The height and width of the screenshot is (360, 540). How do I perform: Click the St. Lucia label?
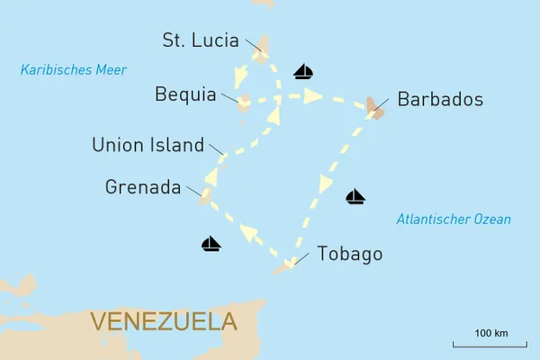click(200, 40)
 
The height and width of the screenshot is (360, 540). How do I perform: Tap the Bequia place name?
click(185, 94)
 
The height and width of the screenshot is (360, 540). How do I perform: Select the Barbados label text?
click(440, 99)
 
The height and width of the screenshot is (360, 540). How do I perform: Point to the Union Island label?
click(148, 144)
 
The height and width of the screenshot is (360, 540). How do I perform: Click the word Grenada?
click(142, 187)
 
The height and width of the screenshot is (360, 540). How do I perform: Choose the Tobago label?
click(350, 255)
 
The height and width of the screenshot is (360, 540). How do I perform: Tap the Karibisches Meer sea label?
click(74, 69)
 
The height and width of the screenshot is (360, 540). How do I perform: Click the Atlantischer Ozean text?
click(454, 219)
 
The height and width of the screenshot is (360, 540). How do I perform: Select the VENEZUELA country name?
click(164, 321)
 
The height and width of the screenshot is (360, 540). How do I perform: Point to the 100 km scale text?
click(490, 334)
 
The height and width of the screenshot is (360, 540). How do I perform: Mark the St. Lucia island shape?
click(262, 49)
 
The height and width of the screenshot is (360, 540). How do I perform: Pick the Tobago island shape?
click(287, 265)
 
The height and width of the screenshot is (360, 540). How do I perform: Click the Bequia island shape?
click(244, 103)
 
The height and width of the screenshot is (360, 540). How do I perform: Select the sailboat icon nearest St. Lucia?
click(303, 71)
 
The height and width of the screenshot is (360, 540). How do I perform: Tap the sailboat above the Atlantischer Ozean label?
click(355, 196)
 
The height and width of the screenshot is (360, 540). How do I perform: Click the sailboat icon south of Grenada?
click(211, 243)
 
